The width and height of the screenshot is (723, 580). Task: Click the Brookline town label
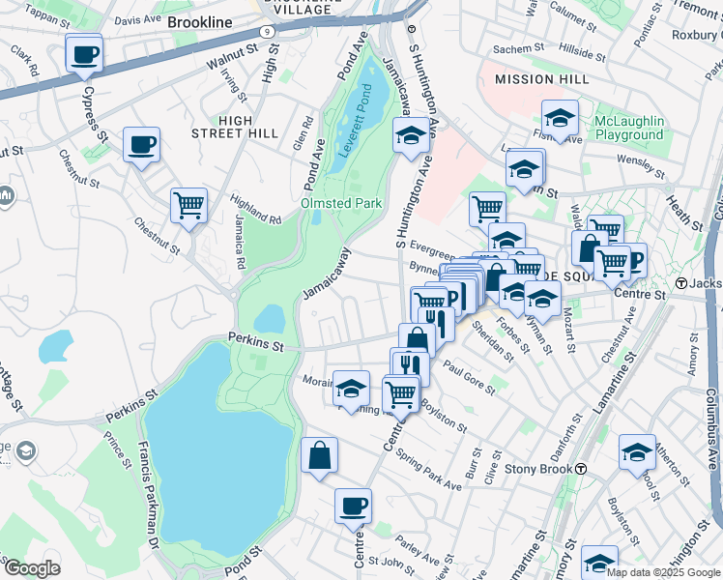point(200,21)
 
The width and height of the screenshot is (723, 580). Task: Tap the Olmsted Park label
point(343,203)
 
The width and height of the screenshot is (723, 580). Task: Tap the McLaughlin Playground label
point(629,128)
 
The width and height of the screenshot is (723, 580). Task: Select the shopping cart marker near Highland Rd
point(188,205)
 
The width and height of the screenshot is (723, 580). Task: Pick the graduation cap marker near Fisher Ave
point(560,118)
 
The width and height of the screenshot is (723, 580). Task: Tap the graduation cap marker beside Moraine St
point(351,389)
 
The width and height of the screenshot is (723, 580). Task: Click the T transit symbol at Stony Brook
point(582,469)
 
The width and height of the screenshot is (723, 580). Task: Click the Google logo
point(31,568)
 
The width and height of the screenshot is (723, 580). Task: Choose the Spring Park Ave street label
point(434,468)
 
